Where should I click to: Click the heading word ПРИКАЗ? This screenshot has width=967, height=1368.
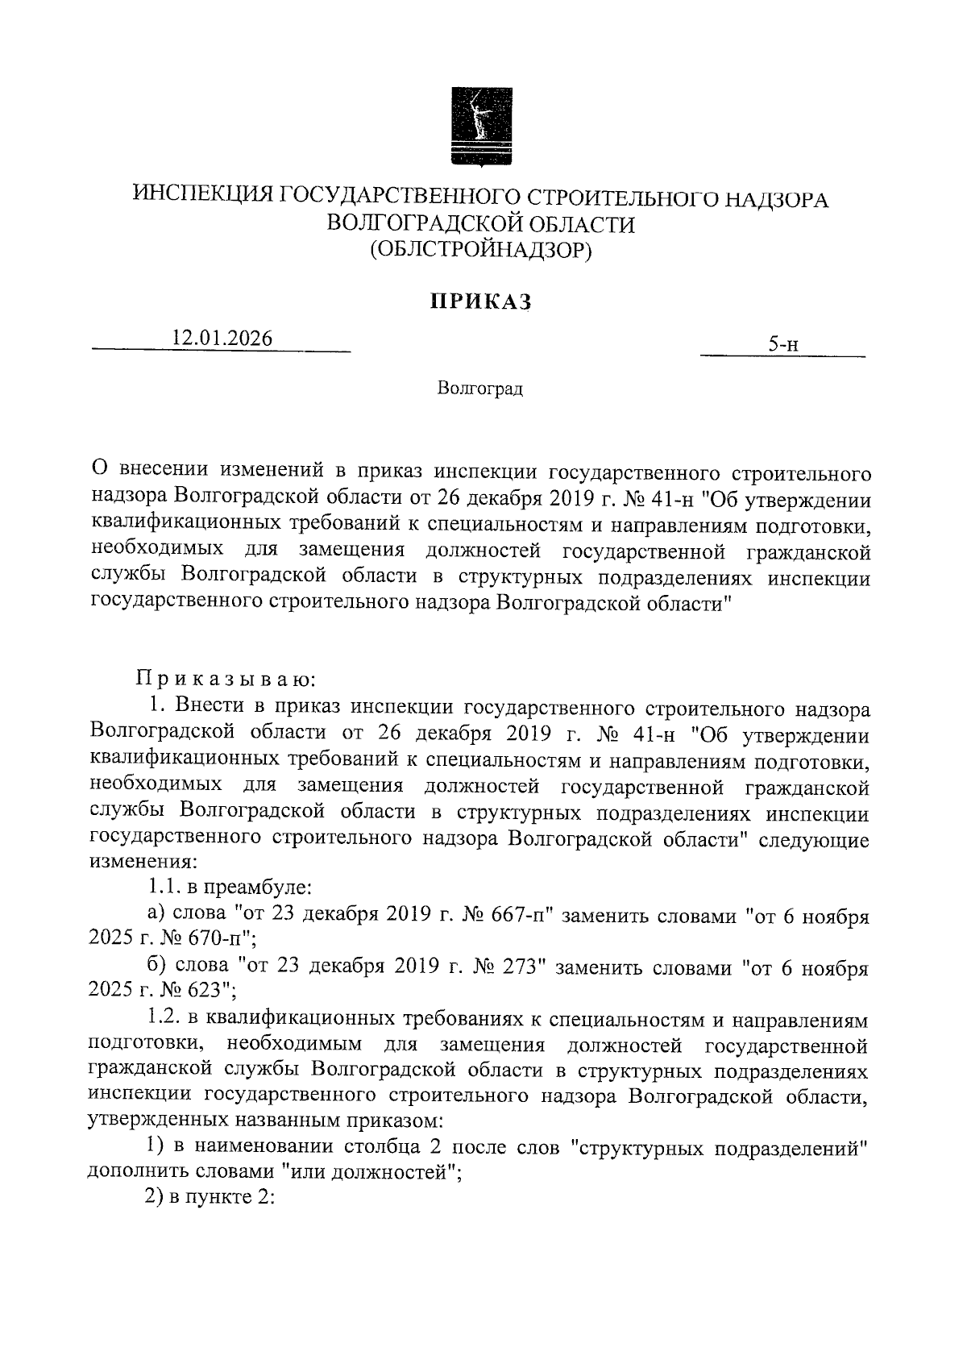(x=481, y=302)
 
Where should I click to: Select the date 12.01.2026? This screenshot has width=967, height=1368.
(x=222, y=339)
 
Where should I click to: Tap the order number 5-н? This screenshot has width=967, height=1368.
(x=782, y=345)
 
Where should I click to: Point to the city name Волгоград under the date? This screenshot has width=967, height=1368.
(x=480, y=389)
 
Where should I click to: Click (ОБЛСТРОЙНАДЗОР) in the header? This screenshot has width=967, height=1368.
(x=481, y=251)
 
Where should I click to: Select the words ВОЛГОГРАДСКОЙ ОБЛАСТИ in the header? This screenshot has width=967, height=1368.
(x=481, y=224)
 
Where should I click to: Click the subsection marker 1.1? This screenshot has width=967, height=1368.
(x=164, y=888)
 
